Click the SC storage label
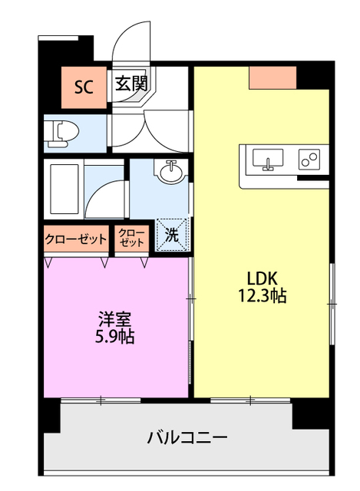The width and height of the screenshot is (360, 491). (84, 85)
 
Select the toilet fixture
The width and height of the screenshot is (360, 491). (61, 132)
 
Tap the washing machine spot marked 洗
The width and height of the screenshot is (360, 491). (172, 236)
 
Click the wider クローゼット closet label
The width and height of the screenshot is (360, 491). (75, 239)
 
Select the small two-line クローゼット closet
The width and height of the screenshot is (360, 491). (132, 239)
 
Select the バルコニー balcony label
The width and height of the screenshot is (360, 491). (187, 438)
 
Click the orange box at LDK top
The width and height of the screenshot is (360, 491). (272, 76)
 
